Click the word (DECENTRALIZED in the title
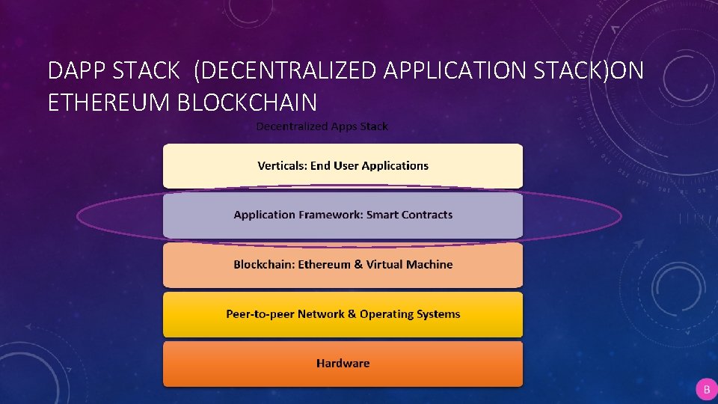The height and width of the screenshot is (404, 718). coord(285,71)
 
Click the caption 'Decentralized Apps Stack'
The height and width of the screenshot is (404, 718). coord(322,126)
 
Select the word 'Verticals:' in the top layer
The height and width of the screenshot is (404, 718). coord(282,165)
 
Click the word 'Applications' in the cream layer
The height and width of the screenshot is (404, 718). coord(395,165)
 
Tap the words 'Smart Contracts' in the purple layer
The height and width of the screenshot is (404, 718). coord(409,215)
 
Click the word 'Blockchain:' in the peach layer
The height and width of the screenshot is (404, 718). coord(264,264)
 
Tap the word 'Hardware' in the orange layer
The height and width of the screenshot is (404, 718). coord(343,364)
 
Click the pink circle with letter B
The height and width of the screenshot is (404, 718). coord(706,390)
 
